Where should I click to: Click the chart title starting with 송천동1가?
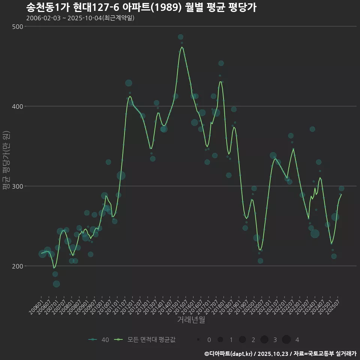tap(141, 7)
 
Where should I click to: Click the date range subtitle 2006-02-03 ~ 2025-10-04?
tap(80, 18)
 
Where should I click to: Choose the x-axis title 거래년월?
tap(191, 320)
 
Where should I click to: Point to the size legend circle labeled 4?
tap(286, 340)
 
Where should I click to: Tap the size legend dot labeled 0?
tap(198, 340)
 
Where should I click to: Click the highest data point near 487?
tap(180, 37)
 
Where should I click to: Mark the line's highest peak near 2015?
tap(182, 47)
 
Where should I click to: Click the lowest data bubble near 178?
tap(56, 284)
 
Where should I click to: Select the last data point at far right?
tap(341, 189)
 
